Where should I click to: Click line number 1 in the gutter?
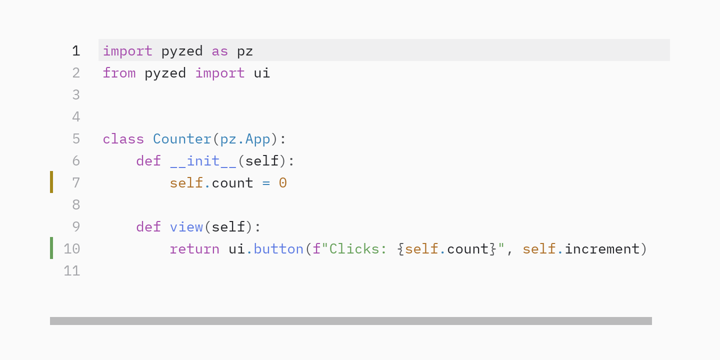coord(76,51)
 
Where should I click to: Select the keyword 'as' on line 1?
coord(220,51)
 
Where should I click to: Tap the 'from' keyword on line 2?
coord(119,73)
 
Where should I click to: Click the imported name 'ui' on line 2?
coord(262,73)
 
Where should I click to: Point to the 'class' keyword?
coord(123,139)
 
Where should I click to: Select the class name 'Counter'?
coord(182,139)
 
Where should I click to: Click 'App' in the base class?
coord(258,139)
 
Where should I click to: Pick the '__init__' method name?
coord(203,161)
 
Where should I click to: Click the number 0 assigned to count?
coord(283,183)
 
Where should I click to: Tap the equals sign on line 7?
coord(266,183)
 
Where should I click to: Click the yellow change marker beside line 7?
coord(51,182)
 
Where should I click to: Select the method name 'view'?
coord(186,227)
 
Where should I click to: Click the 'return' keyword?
coord(195,249)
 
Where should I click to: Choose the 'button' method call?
coord(278,249)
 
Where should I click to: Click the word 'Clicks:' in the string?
coord(358,249)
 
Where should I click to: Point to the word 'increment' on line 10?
coord(602,249)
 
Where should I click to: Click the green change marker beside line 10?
coord(51,248)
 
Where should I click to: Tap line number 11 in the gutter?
coord(72,270)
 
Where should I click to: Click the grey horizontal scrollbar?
coord(351,321)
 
